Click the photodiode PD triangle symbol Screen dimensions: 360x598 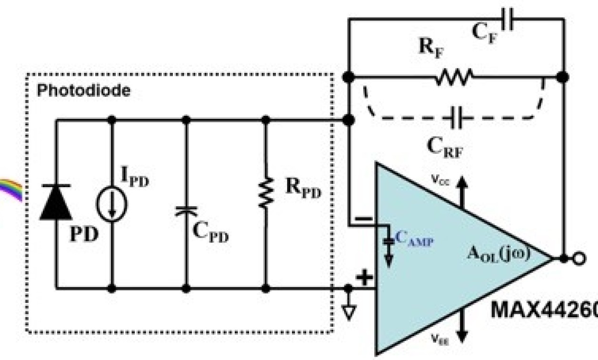56,202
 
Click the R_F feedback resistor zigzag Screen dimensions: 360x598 455,76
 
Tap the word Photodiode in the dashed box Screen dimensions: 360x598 83,91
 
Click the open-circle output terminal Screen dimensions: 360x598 578,259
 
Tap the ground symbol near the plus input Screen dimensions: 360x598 349,312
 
